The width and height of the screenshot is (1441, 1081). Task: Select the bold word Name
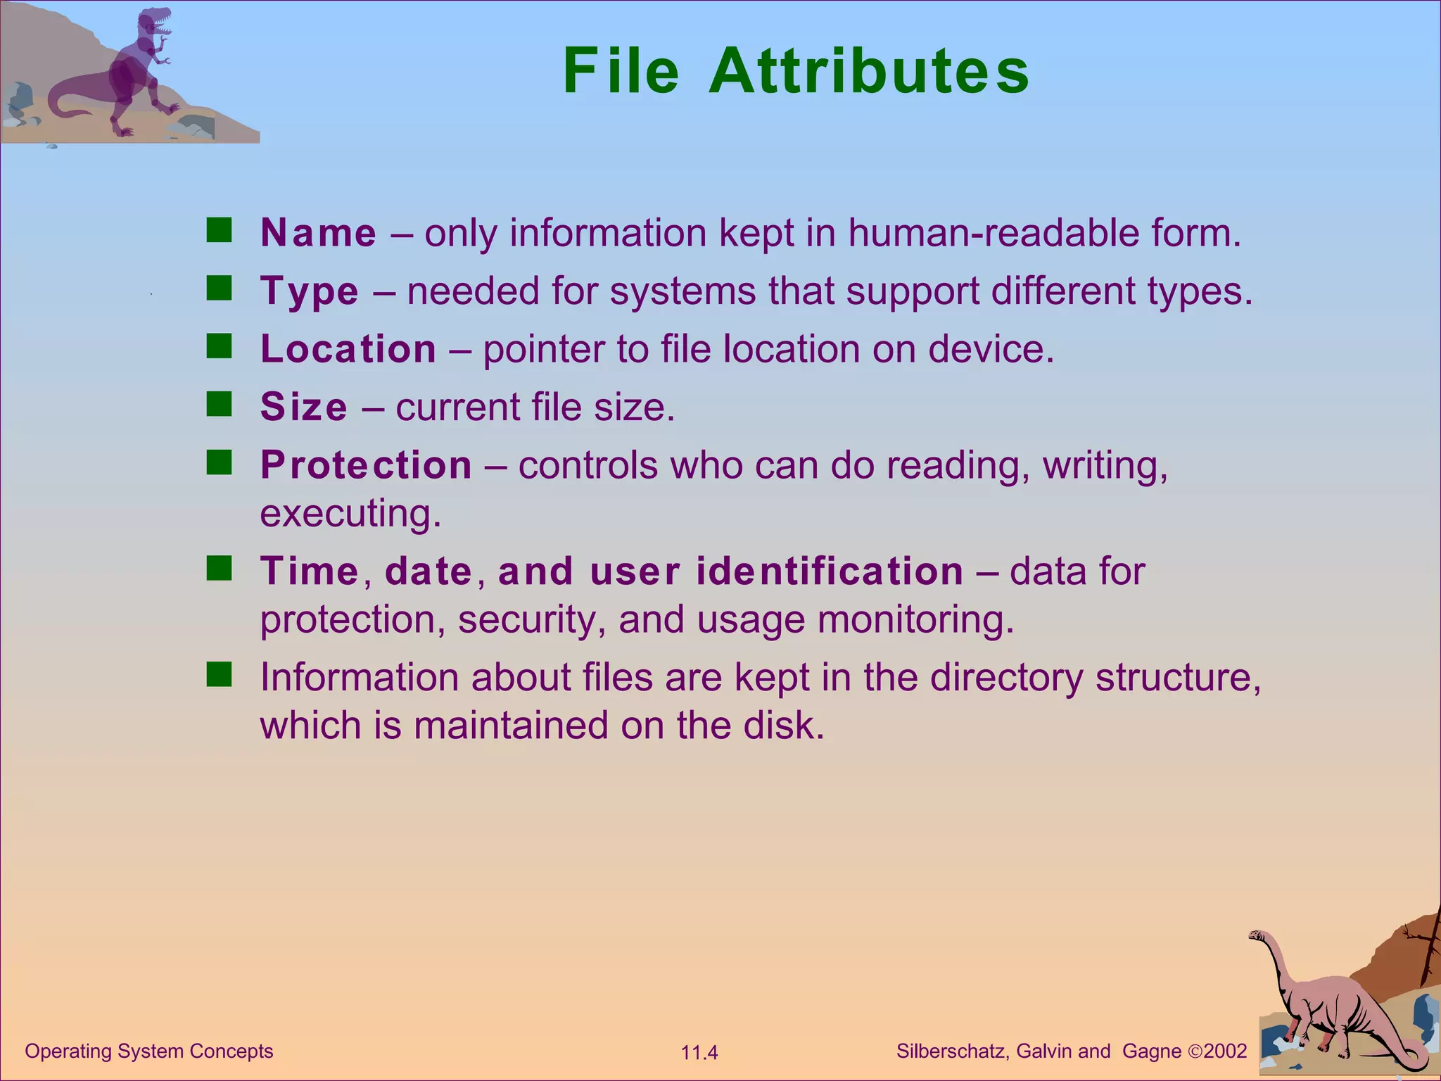click(x=319, y=233)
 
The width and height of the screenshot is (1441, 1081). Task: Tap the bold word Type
click(x=310, y=291)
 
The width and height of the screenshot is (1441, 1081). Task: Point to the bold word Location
click(x=348, y=349)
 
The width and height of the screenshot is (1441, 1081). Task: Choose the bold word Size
click(x=304, y=407)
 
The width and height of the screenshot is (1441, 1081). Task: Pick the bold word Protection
click(x=366, y=465)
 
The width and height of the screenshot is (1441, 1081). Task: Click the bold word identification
click(x=830, y=571)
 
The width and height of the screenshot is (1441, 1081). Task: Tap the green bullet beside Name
click(x=219, y=230)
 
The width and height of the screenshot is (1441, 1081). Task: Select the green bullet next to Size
click(x=219, y=404)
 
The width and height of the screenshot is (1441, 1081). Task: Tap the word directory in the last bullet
click(x=1007, y=677)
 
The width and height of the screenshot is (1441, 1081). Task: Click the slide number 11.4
click(x=699, y=1053)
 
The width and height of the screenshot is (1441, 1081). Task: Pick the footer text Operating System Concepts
click(x=148, y=1051)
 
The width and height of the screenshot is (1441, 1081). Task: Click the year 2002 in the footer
click(x=1225, y=1051)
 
